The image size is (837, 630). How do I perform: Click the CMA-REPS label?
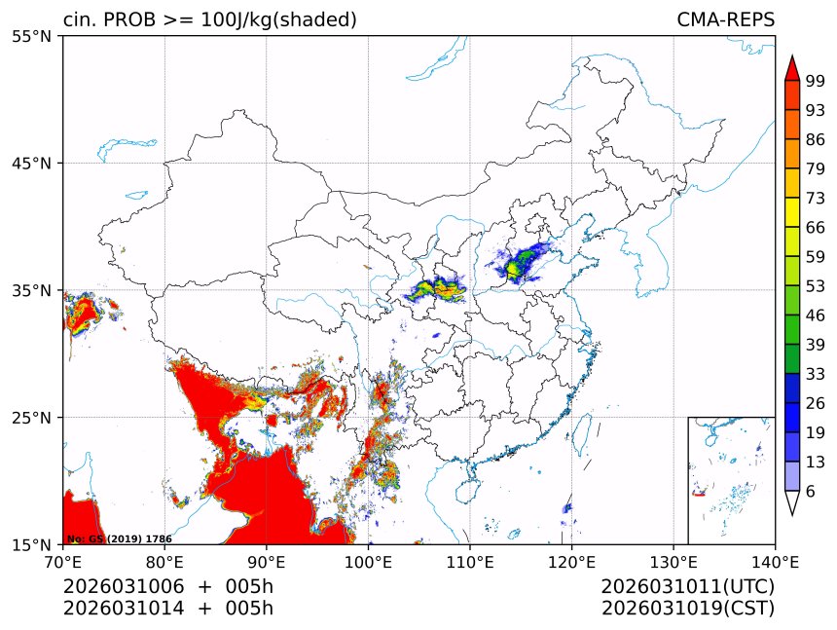(x=725, y=19)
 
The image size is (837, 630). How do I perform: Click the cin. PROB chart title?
(x=209, y=19)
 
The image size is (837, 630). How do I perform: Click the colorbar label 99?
(x=816, y=81)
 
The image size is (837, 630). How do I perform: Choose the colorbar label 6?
(x=811, y=491)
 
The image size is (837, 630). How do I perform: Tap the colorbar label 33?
(x=816, y=374)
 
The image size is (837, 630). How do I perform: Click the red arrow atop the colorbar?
(x=792, y=68)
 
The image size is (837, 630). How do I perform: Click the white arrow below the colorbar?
(x=792, y=502)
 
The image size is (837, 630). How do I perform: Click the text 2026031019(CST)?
(x=687, y=609)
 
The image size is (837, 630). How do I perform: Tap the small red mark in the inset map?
(x=698, y=495)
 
